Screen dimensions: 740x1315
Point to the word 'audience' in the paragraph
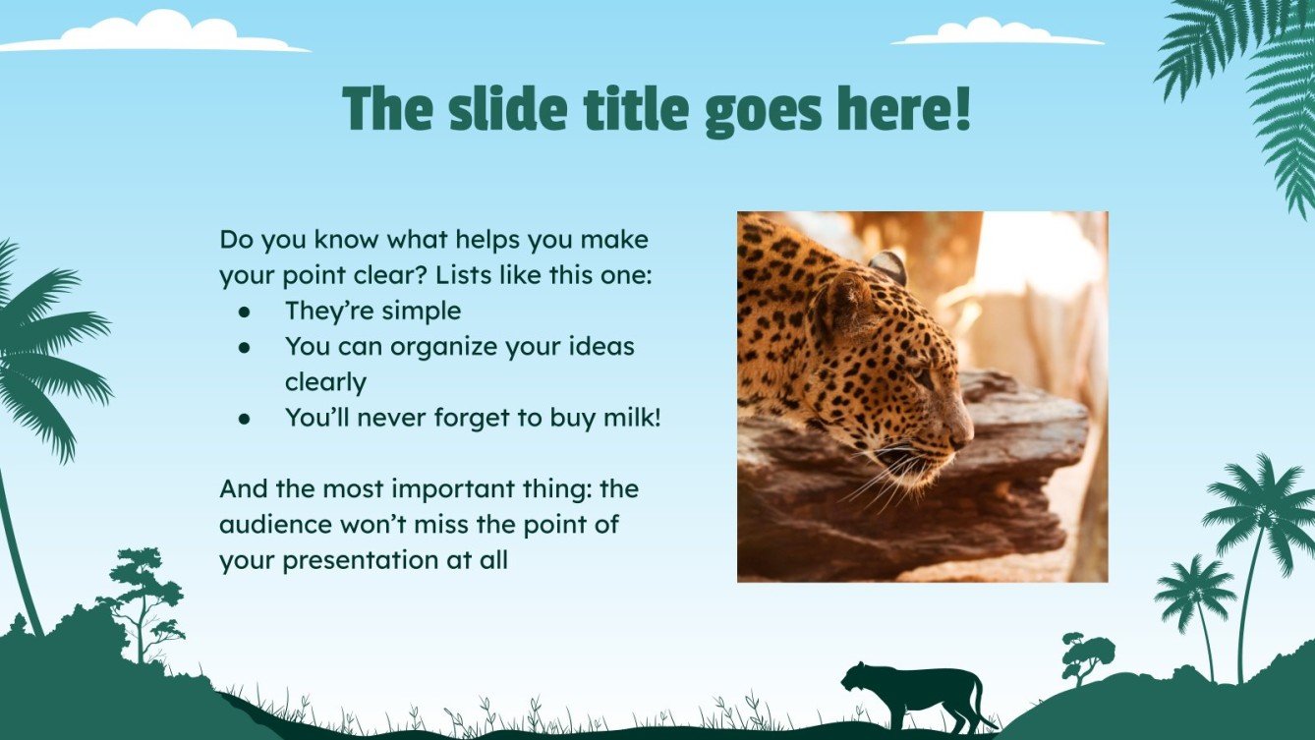click(274, 524)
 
